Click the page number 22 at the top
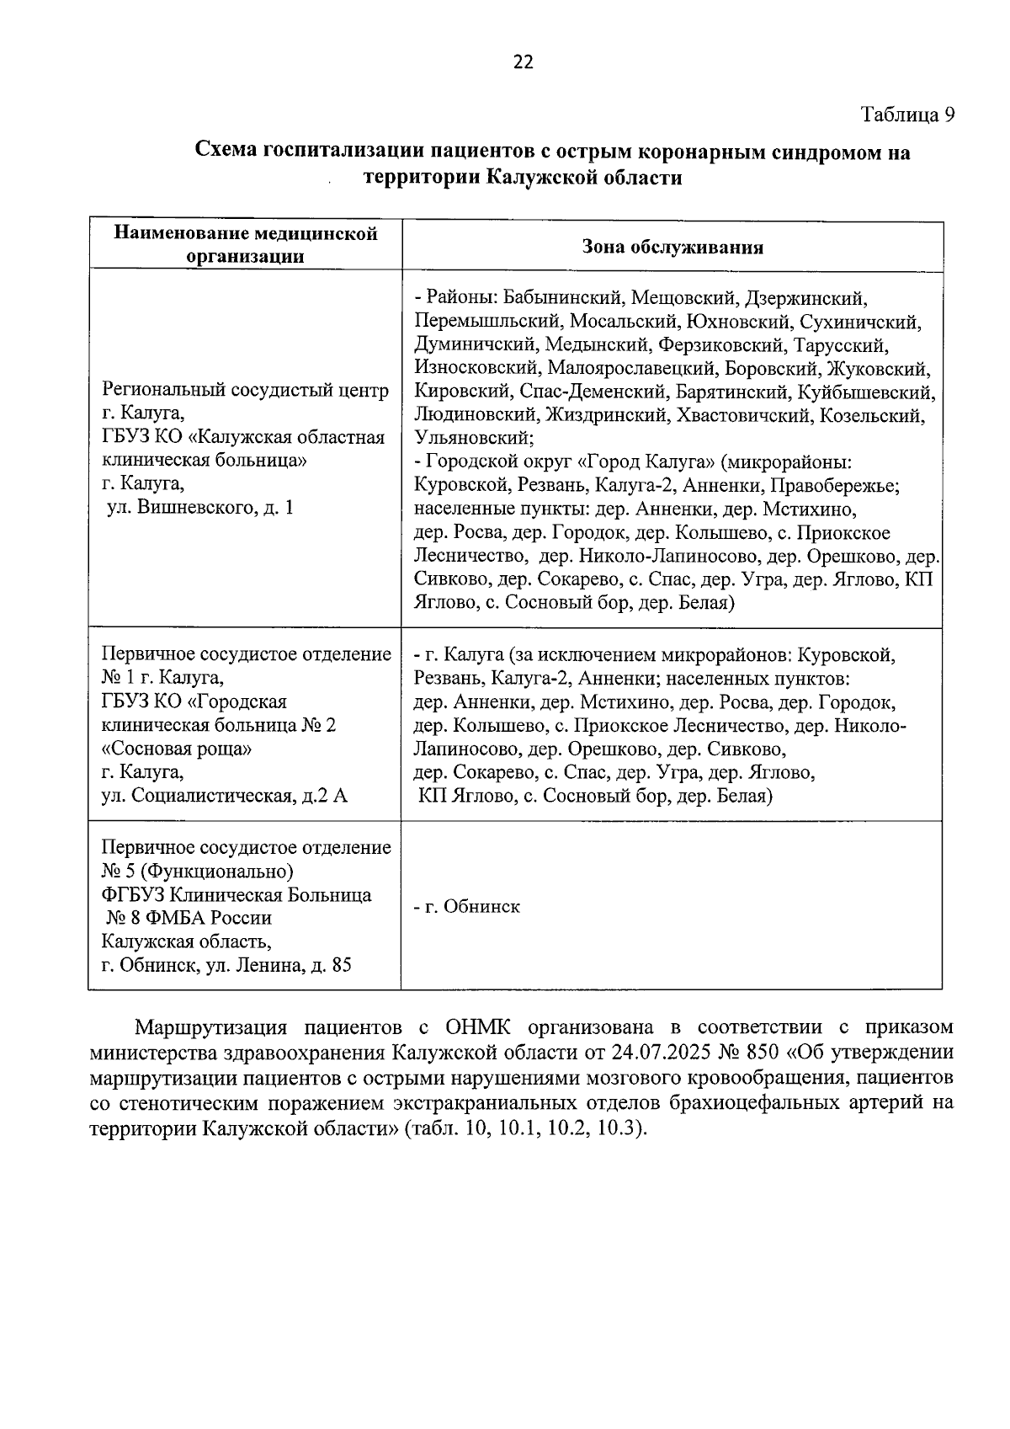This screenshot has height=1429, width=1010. (x=523, y=61)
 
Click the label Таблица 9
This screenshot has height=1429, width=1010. (x=906, y=115)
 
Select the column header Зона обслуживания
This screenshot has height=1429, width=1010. (x=672, y=247)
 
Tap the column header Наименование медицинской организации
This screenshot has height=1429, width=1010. (x=245, y=245)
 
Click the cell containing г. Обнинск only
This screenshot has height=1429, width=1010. (x=467, y=907)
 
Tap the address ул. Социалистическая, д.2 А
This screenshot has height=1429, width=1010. (x=224, y=796)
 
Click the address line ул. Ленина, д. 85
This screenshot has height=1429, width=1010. (x=279, y=965)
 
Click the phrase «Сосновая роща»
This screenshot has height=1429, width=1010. (x=176, y=749)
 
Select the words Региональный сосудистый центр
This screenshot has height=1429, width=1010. (x=246, y=391)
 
